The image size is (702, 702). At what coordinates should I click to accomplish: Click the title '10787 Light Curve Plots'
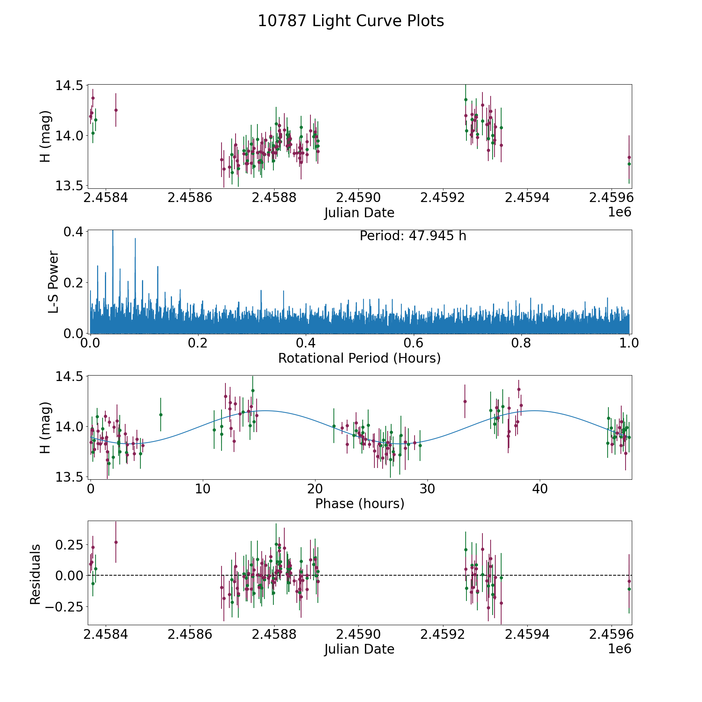tap(351, 21)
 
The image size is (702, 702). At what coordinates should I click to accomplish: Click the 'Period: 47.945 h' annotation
tap(413, 236)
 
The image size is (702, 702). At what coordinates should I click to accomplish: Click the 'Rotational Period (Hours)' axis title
tap(359, 358)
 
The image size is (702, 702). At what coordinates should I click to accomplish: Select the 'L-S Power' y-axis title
tap(53, 282)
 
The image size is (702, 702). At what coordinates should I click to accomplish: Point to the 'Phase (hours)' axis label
tap(360, 503)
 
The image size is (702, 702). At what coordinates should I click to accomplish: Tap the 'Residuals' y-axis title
tap(35, 574)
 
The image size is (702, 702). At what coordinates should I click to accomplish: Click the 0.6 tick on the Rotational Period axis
tap(413, 343)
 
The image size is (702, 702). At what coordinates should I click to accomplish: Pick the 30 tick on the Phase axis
tap(427, 489)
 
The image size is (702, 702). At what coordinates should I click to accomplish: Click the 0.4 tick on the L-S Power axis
tap(73, 232)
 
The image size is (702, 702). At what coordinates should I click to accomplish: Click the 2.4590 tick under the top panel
tap(358, 198)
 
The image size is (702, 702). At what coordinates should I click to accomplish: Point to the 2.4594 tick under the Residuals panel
tap(527, 634)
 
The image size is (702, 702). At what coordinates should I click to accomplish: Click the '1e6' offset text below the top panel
tap(619, 212)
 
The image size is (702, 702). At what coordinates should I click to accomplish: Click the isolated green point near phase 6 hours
tap(161, 415)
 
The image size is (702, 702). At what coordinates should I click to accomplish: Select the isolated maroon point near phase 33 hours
tap(465, 401)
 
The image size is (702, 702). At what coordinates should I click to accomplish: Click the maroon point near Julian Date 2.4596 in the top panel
tap(629, 157)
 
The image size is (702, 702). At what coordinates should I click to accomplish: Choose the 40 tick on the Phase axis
tap(540, 489)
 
